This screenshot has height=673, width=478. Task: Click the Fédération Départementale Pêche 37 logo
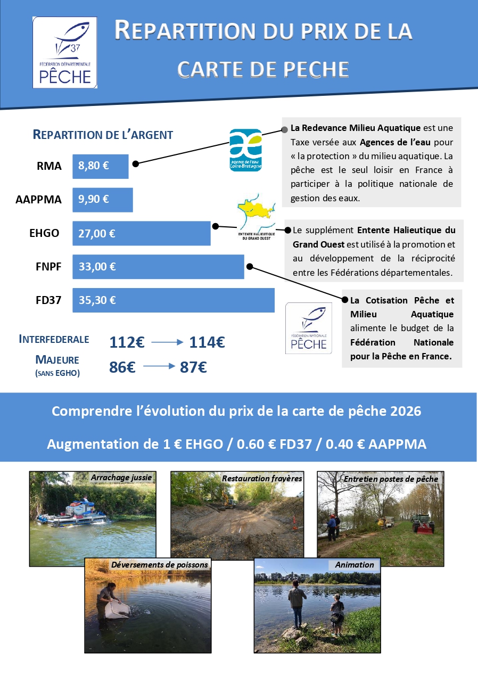pos(64,52)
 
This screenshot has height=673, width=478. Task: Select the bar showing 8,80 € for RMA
pos(101,166)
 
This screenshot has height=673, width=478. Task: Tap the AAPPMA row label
pos(39,200)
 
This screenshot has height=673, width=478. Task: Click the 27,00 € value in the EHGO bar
pos(97,233)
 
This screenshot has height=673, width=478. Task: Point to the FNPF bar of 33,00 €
pos(158,266)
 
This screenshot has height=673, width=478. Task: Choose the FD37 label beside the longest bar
pos(48,300)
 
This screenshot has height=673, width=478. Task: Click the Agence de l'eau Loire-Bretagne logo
pos(245,150)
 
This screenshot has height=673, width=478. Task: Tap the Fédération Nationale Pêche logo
pos(309,329)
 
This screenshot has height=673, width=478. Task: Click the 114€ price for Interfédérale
pos(207,342)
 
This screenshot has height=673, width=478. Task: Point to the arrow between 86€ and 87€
pos(159,366)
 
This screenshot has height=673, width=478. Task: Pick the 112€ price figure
pos(127,342)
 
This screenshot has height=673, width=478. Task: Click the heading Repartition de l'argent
pos(103,135)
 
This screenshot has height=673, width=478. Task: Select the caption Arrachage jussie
pos(121,478)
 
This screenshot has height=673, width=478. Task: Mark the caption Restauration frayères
pos(262,478)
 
